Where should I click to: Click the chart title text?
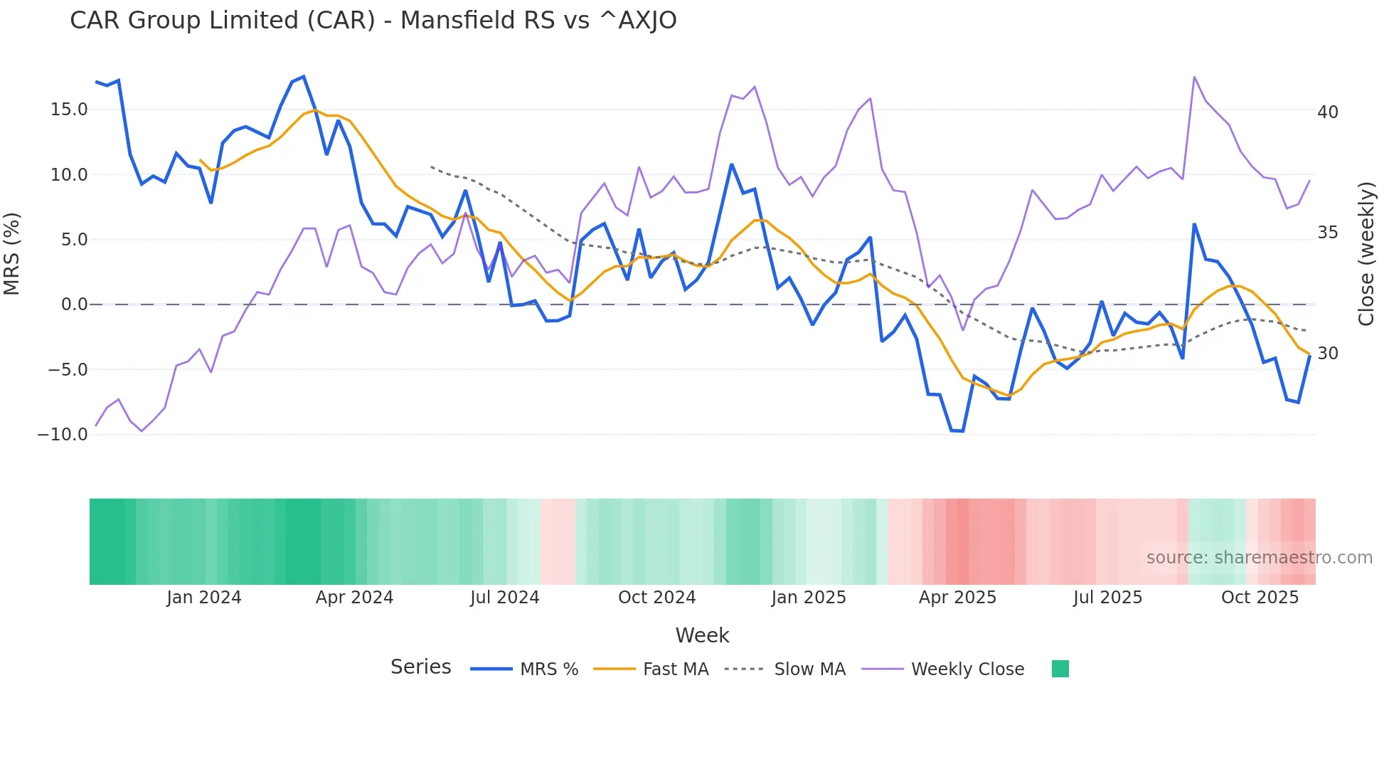(373, 21)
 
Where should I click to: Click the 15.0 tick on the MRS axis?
(69, 110)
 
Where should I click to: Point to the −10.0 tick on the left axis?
(63, 434)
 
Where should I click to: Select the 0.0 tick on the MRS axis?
(75, 304)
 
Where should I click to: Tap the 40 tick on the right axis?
(1327, 112)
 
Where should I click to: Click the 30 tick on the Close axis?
(1327, 354)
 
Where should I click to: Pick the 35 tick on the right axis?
(1327, 233)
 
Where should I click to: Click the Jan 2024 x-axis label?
(204, 598)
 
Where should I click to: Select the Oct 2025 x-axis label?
(1260, 598)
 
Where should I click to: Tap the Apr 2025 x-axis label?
(957, 598)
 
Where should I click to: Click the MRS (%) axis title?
(12, 254)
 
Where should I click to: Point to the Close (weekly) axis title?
(1366, 254)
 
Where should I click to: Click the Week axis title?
(702, 635)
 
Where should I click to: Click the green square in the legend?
(1060, 669)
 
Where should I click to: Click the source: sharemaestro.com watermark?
(1259, 558)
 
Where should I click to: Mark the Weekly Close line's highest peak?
(1194, 78)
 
